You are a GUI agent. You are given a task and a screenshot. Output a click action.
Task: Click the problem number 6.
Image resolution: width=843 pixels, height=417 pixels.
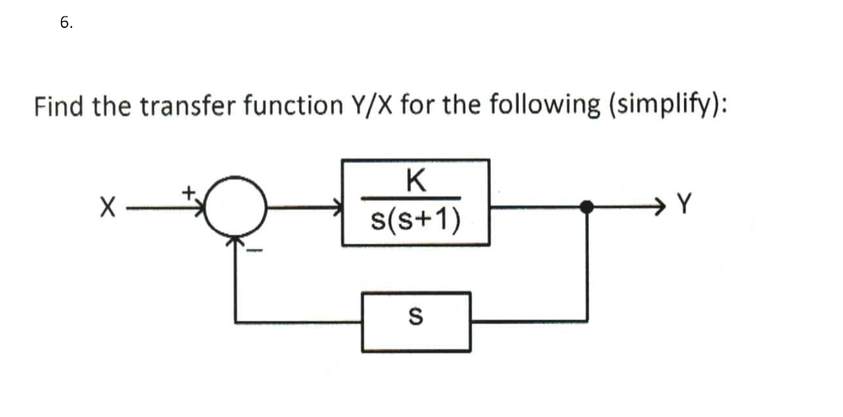coord(65,23)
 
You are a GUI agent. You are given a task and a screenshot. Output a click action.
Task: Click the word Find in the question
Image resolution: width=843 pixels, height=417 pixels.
coord(60,106)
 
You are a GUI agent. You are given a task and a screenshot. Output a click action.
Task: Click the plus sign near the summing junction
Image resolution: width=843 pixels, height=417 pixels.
coord(188,192)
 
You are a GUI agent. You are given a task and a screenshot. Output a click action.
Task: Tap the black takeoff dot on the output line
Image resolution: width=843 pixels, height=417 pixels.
coord(587,207)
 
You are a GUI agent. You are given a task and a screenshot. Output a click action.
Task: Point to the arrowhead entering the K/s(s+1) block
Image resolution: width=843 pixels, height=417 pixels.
coord(337,208)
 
